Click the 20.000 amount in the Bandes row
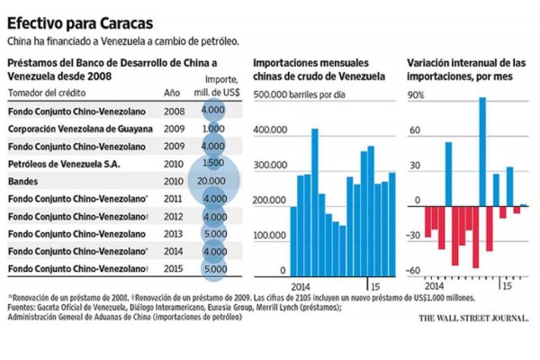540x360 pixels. point(213,180)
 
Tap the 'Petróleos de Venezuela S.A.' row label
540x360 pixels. point(64,163)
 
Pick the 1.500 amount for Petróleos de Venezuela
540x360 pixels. point(213,163)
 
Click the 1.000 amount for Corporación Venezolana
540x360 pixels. point(213,129)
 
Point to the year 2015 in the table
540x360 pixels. point(173,268)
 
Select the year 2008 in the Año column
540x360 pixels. point(173,110)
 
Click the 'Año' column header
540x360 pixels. point(172,92)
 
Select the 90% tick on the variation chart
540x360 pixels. point(414,95)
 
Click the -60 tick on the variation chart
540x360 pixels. point(413,271)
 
